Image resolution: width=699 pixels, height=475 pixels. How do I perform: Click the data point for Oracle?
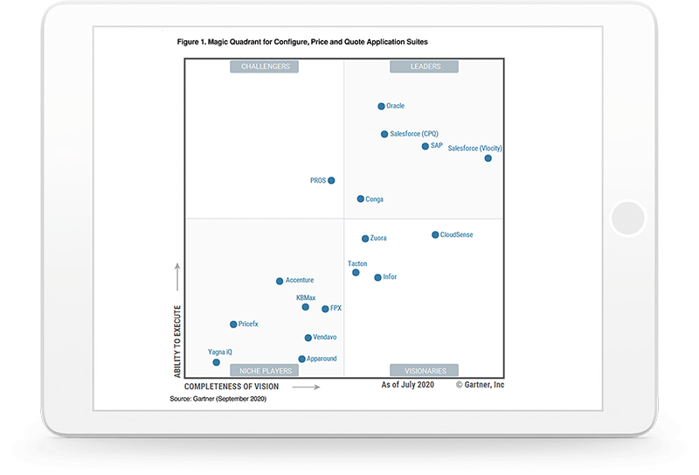[x=381, y=107]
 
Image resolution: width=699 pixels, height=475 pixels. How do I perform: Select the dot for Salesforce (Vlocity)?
[x=488, y=158]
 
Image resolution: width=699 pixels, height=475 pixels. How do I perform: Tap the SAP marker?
[x=426, y=146]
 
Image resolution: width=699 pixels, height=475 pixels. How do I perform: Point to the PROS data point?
[x=331, y=181]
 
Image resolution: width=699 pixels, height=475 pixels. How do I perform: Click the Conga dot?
[x=361, y=199]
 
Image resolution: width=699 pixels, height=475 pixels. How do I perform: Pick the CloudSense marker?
[x=435, y=235]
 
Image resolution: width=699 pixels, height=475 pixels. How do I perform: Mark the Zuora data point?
[x=365, y=238]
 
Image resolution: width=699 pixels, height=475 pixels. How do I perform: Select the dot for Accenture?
[x=280, y=281]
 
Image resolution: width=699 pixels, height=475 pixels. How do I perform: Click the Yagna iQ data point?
[x=216, y=362]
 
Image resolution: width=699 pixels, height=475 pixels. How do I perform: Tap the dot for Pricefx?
[x=233, y=325]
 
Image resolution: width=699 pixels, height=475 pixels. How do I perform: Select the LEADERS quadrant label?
[x=426, y=66]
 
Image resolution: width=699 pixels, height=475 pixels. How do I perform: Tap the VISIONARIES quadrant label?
[x=425, y=370]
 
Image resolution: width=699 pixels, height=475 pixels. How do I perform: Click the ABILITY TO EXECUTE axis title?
[x=176, y=341]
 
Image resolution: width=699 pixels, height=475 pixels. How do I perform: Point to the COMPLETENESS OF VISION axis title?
[x=232, y=386]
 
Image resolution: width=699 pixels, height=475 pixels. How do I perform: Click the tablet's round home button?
[x=627, y=218]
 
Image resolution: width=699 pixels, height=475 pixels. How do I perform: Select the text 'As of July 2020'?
[x=407, y=385]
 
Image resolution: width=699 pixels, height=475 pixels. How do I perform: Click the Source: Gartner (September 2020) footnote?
[x=218, y=399]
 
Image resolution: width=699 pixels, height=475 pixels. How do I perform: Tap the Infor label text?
[x=390, y=277]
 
